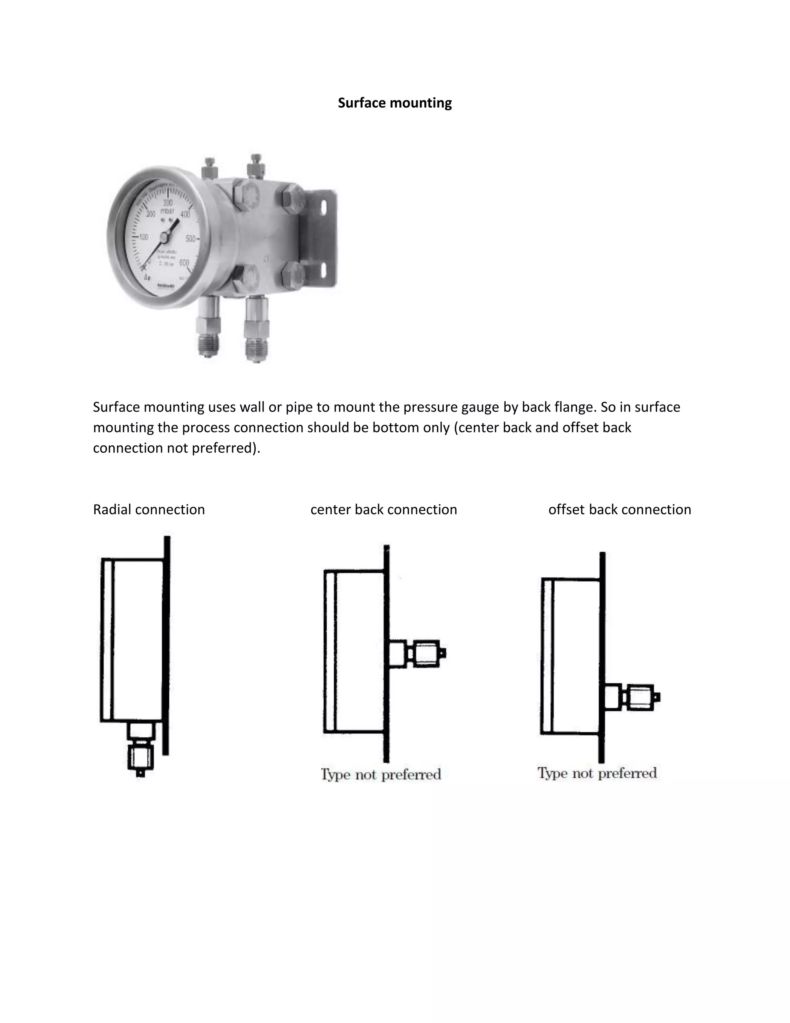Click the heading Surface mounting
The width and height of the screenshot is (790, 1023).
[395, 103]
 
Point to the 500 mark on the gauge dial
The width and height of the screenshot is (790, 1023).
[191, 239]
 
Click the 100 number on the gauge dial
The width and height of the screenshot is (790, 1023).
[143, 237]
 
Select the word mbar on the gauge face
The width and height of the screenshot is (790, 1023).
[167, 211]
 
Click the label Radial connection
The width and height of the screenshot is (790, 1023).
[149, 510]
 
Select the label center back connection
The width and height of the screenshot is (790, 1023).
[383, 510]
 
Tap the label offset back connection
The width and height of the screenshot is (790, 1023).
[619, 510]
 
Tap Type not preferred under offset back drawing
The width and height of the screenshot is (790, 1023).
[597, 773]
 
